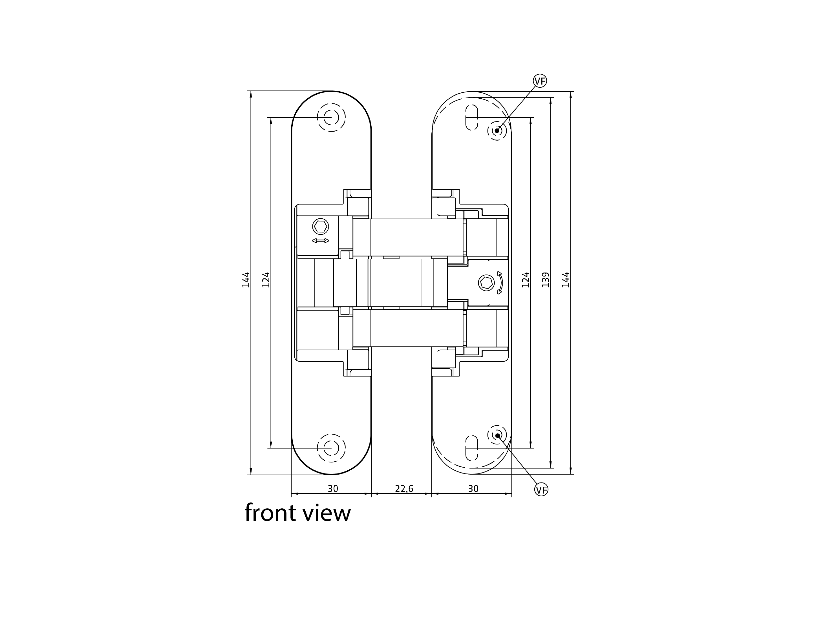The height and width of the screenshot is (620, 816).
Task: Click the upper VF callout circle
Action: [540, 81]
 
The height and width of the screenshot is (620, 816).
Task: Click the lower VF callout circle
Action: [541, 490]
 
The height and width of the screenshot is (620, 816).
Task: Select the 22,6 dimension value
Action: [404, 489]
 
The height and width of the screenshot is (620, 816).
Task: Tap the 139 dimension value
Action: [545, 280]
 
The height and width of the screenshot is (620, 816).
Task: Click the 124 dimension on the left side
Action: [266, 280]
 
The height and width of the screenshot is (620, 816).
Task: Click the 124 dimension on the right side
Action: [525, 280]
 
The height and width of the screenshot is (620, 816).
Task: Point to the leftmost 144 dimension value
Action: [246, 280]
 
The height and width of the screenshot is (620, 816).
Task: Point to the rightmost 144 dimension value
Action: [566, 280]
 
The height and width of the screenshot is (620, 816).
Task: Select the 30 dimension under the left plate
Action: [333, 489]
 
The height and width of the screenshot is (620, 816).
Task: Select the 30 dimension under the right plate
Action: [473, 489]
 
